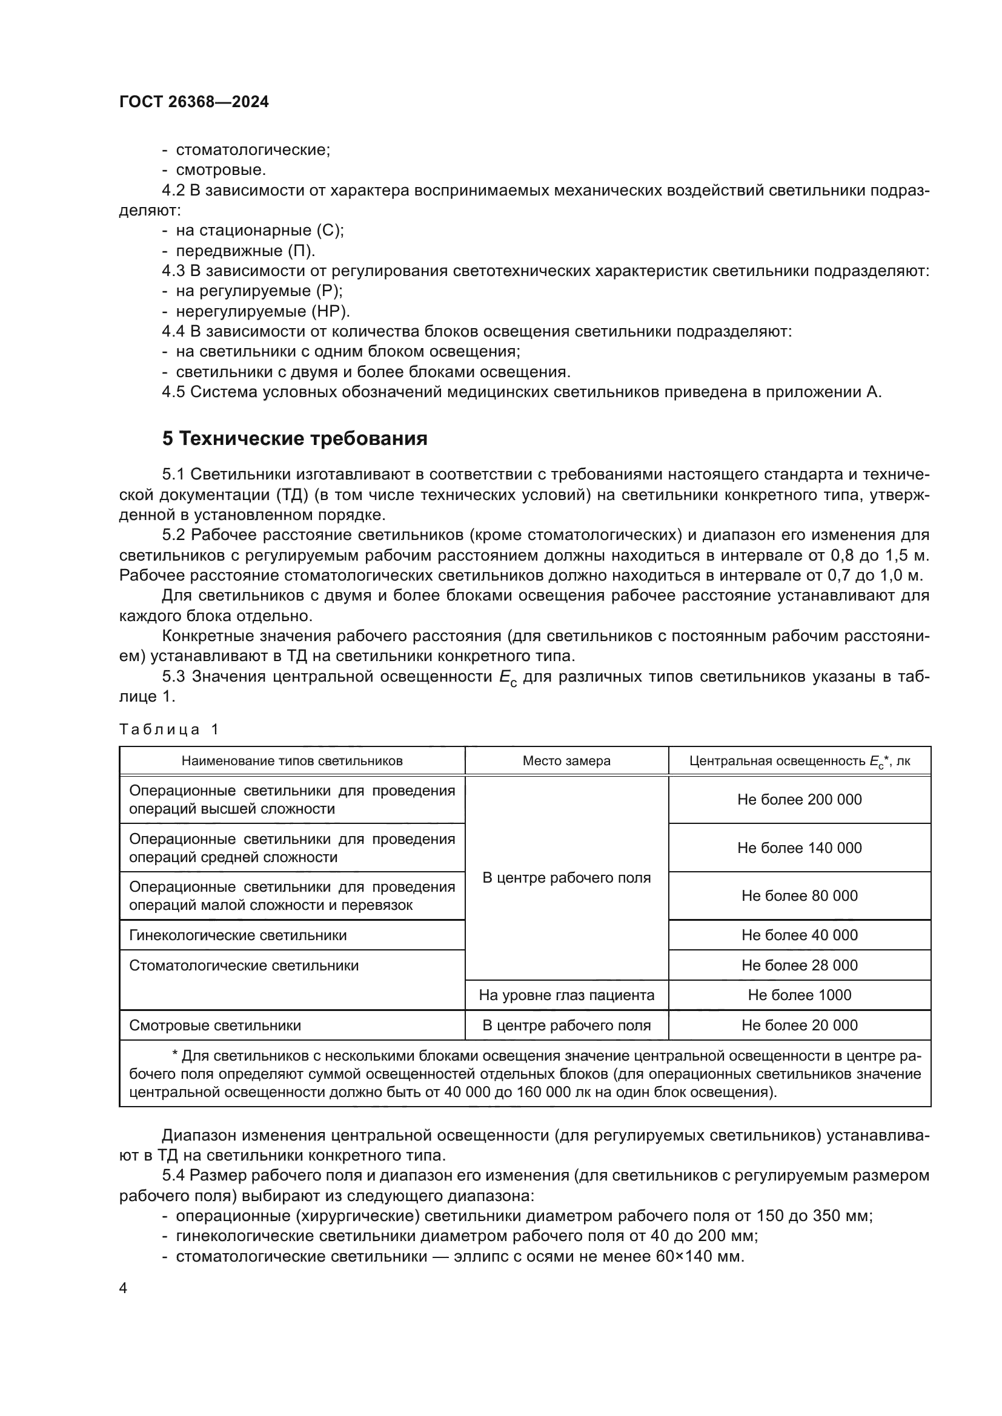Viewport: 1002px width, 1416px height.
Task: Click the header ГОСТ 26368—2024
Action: [x=194, y=102]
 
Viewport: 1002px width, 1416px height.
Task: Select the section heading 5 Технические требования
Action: [x=294, y=438]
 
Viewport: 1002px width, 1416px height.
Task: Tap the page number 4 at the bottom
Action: [x=123, y=1288]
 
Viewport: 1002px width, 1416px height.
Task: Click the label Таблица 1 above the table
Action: [x=168, y=729]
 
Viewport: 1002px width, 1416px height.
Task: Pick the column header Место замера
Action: [x=566, y=761]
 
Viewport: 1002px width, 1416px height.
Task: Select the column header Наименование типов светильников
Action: [x=292, y=761]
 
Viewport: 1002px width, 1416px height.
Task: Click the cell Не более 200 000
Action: [x=799, y=799]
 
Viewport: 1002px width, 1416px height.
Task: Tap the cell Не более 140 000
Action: [x=799, y=848]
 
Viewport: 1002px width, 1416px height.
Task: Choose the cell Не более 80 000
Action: [x=799, y=895]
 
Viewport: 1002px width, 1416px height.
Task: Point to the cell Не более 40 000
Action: [x=799, y=935]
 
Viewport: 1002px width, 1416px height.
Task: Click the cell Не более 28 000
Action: [x=799, y=965]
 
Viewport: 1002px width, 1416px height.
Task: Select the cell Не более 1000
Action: [x=799, y=995]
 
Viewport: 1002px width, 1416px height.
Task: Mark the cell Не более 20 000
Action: [x=799, y=1025]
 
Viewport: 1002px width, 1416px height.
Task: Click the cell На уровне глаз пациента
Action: [x=566, y=995]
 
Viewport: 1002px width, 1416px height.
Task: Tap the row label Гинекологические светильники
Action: [x=237, y=935]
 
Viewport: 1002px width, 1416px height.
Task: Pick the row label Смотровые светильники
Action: [x=214, y=1025]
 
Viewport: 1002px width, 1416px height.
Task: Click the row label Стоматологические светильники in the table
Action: [x=244, y=965]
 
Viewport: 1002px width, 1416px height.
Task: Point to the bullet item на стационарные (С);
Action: [x=260, y=231]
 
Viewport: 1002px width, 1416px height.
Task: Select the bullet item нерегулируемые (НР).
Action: [x=263, y=311]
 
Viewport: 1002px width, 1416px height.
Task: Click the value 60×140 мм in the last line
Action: [x=699, y=1256]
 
